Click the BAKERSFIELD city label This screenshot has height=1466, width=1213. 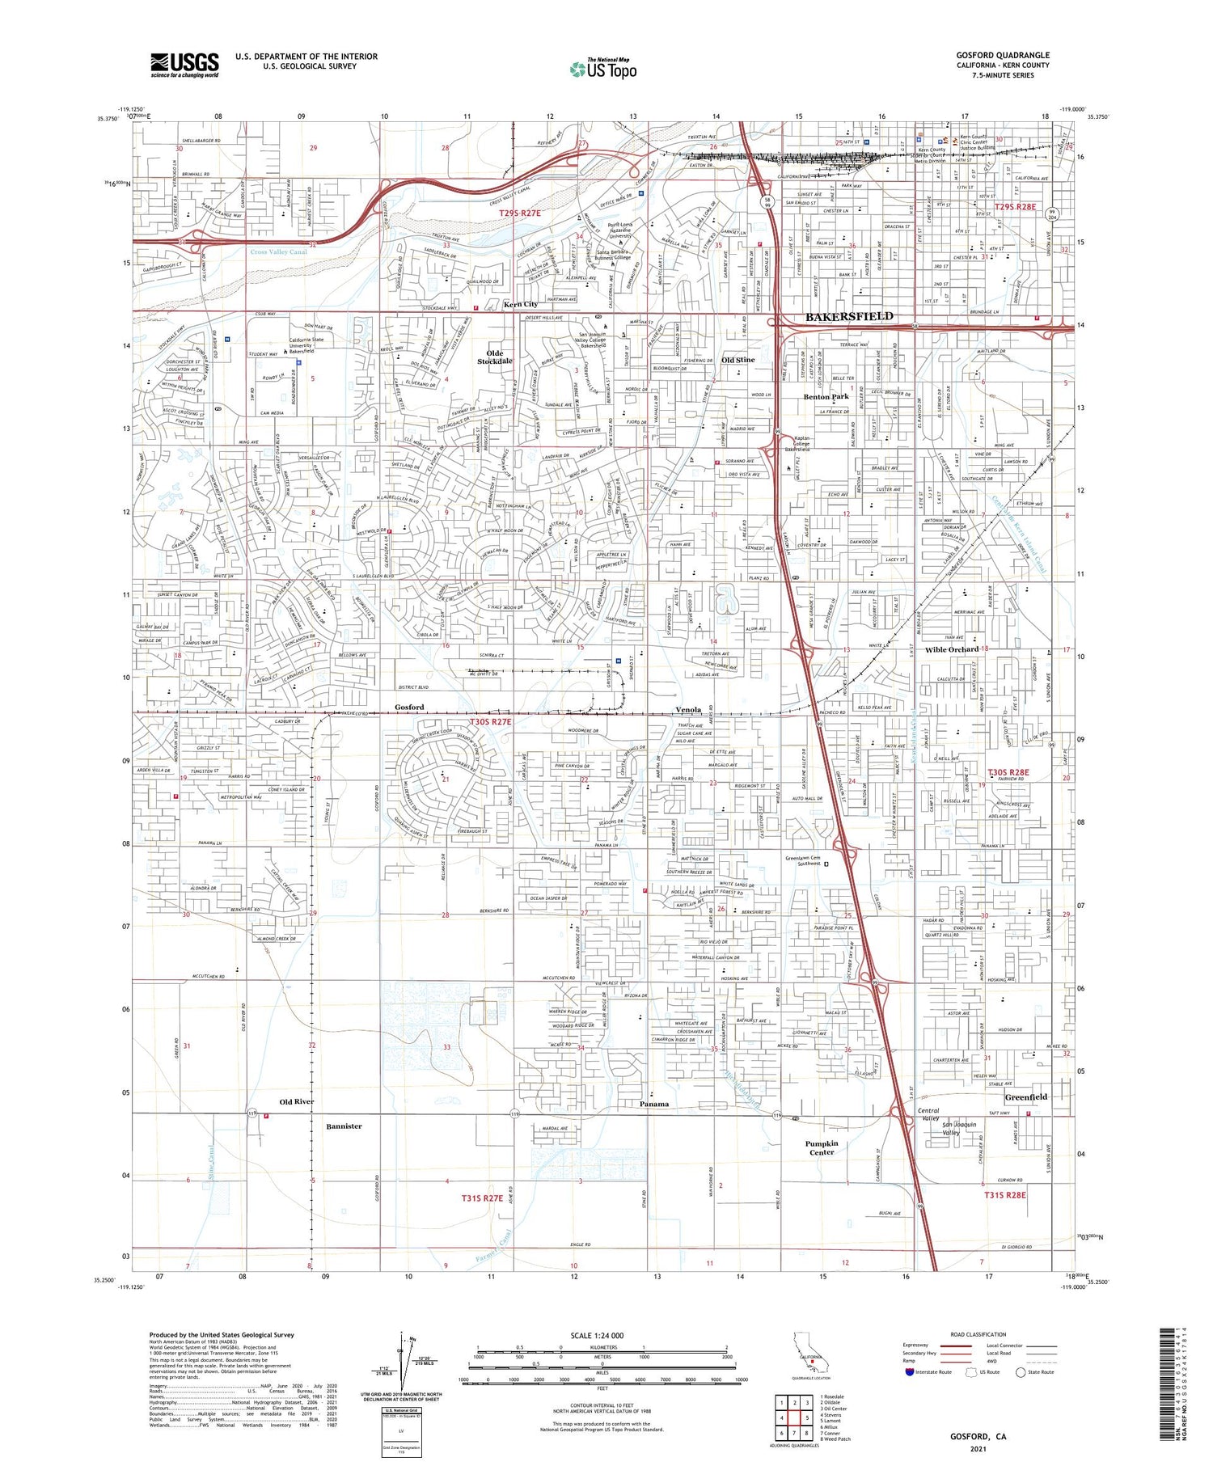click(849, 316)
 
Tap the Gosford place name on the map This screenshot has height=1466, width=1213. click(409, 707)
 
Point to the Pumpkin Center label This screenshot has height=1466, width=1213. click(822, 1147)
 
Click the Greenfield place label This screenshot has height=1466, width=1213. click(1025, 1096)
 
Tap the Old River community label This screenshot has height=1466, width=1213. click(296, 1101)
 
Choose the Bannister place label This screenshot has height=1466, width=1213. click(344, 1126)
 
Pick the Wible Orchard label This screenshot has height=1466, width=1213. click(952, 649)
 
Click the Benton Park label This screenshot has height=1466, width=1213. click(826, 396)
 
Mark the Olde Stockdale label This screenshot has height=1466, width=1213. click(495, 357)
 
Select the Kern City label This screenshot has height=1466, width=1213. click(521, 304)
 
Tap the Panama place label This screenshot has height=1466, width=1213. click(654, 1104)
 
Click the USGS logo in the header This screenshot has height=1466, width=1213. click(184, 65)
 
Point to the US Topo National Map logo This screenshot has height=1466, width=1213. click(602, 69)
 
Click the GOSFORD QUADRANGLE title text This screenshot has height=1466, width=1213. click(1003, 55)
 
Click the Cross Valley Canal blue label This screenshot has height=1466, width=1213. click(278, 252)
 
